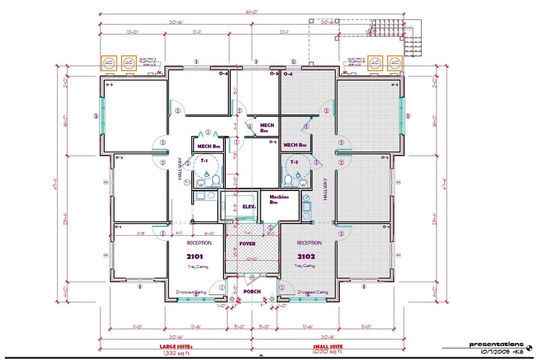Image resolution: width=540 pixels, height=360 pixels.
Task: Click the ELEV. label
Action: point(248,207)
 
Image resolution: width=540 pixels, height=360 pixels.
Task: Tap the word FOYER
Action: point(247,244)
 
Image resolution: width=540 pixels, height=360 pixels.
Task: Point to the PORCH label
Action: point(252,291)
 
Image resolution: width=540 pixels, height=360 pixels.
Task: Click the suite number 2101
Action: point(195,257)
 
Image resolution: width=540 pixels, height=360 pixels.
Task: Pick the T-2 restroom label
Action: point(294,162)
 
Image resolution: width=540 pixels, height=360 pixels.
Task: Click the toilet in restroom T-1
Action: point(200,179)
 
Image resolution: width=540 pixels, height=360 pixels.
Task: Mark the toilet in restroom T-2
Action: point(288,179)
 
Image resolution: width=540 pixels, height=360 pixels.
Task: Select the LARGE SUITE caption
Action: point(177,347)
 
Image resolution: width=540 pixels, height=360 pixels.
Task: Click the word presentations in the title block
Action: point(497,344)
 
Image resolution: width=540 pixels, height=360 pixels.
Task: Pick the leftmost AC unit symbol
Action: point(110,62)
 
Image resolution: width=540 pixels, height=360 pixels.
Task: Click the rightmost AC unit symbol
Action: point(395,62)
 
